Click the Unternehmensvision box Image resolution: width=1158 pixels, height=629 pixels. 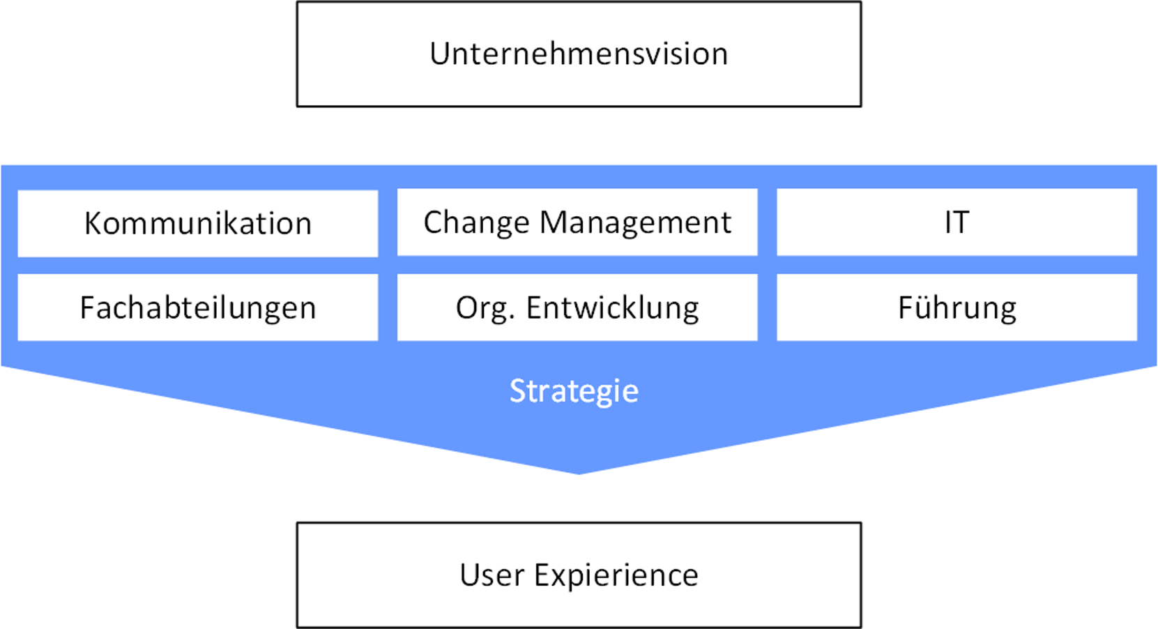click(579, 54)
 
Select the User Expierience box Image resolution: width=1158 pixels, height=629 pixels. click(579, 575)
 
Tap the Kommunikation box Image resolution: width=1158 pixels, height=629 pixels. click(198, 223)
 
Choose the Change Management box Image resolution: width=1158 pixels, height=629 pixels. click(577, 222)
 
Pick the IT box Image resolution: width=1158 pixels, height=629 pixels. click(957, 222)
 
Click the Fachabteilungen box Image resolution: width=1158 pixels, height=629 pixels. click(198, 308)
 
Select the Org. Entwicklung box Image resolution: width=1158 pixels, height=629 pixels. click(577, 308)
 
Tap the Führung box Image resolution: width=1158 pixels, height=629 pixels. click(957, 308)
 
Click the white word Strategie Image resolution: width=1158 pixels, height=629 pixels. click(574, 392)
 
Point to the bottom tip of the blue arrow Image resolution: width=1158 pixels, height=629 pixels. click(579, 473)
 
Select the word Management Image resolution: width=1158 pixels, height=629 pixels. click(635, 223)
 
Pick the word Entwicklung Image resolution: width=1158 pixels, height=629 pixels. click(613, 308)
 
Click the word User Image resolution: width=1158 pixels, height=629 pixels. click(492, 575)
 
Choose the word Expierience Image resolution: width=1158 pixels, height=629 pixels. click(616, 576)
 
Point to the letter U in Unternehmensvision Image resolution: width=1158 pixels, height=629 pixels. click(439, 54)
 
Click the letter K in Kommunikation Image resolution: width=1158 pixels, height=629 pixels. click(95, 223)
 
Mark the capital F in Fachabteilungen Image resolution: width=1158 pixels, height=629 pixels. click(87, 308)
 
